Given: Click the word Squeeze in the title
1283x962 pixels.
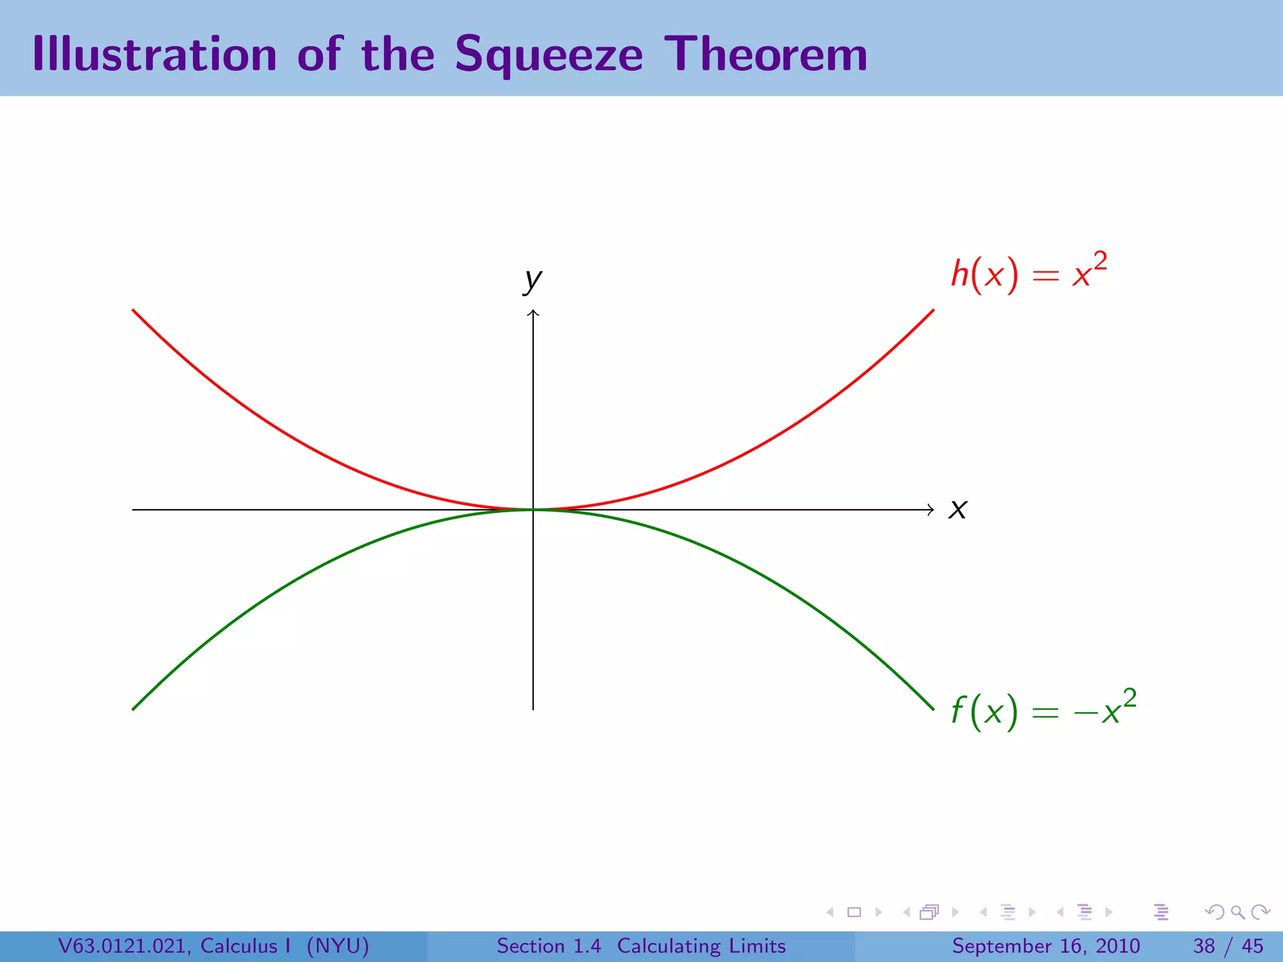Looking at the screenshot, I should pyautogui.click(x=549, y=55).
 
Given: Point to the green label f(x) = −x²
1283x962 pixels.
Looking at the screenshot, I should pyautogui.click(x=1043, y=711).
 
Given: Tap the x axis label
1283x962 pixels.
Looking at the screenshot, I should pyautogui.click(x=957, y=509).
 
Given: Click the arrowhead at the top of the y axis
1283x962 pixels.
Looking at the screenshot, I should pyautogui.click(x=533, y=312).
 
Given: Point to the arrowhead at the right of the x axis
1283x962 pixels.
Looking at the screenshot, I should pyautogui.click(x=931, y=510).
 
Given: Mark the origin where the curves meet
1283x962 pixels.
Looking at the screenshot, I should pyautogui.click(x=533, y=510).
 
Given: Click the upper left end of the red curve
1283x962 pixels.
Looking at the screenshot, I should pyautogui.click(x=134, y=311).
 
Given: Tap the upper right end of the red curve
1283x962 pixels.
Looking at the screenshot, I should pyautogui.click(x=932, y=311).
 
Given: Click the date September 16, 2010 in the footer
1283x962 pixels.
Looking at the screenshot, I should pyautogui.click(x=1046, y=946).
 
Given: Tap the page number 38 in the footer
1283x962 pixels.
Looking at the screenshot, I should pyautogui.click(x=1204, y=946).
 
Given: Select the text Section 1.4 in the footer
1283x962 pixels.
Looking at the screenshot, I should pyautogui.click(x=549, y=946).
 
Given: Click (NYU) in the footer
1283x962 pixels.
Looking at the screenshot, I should pyautogui.click(x=338, y=946).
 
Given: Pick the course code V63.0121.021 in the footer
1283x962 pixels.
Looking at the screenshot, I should pyautogui.click(x=123, y=946).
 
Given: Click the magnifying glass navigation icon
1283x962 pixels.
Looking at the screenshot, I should pyautogui.click(x=1237, y=912).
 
